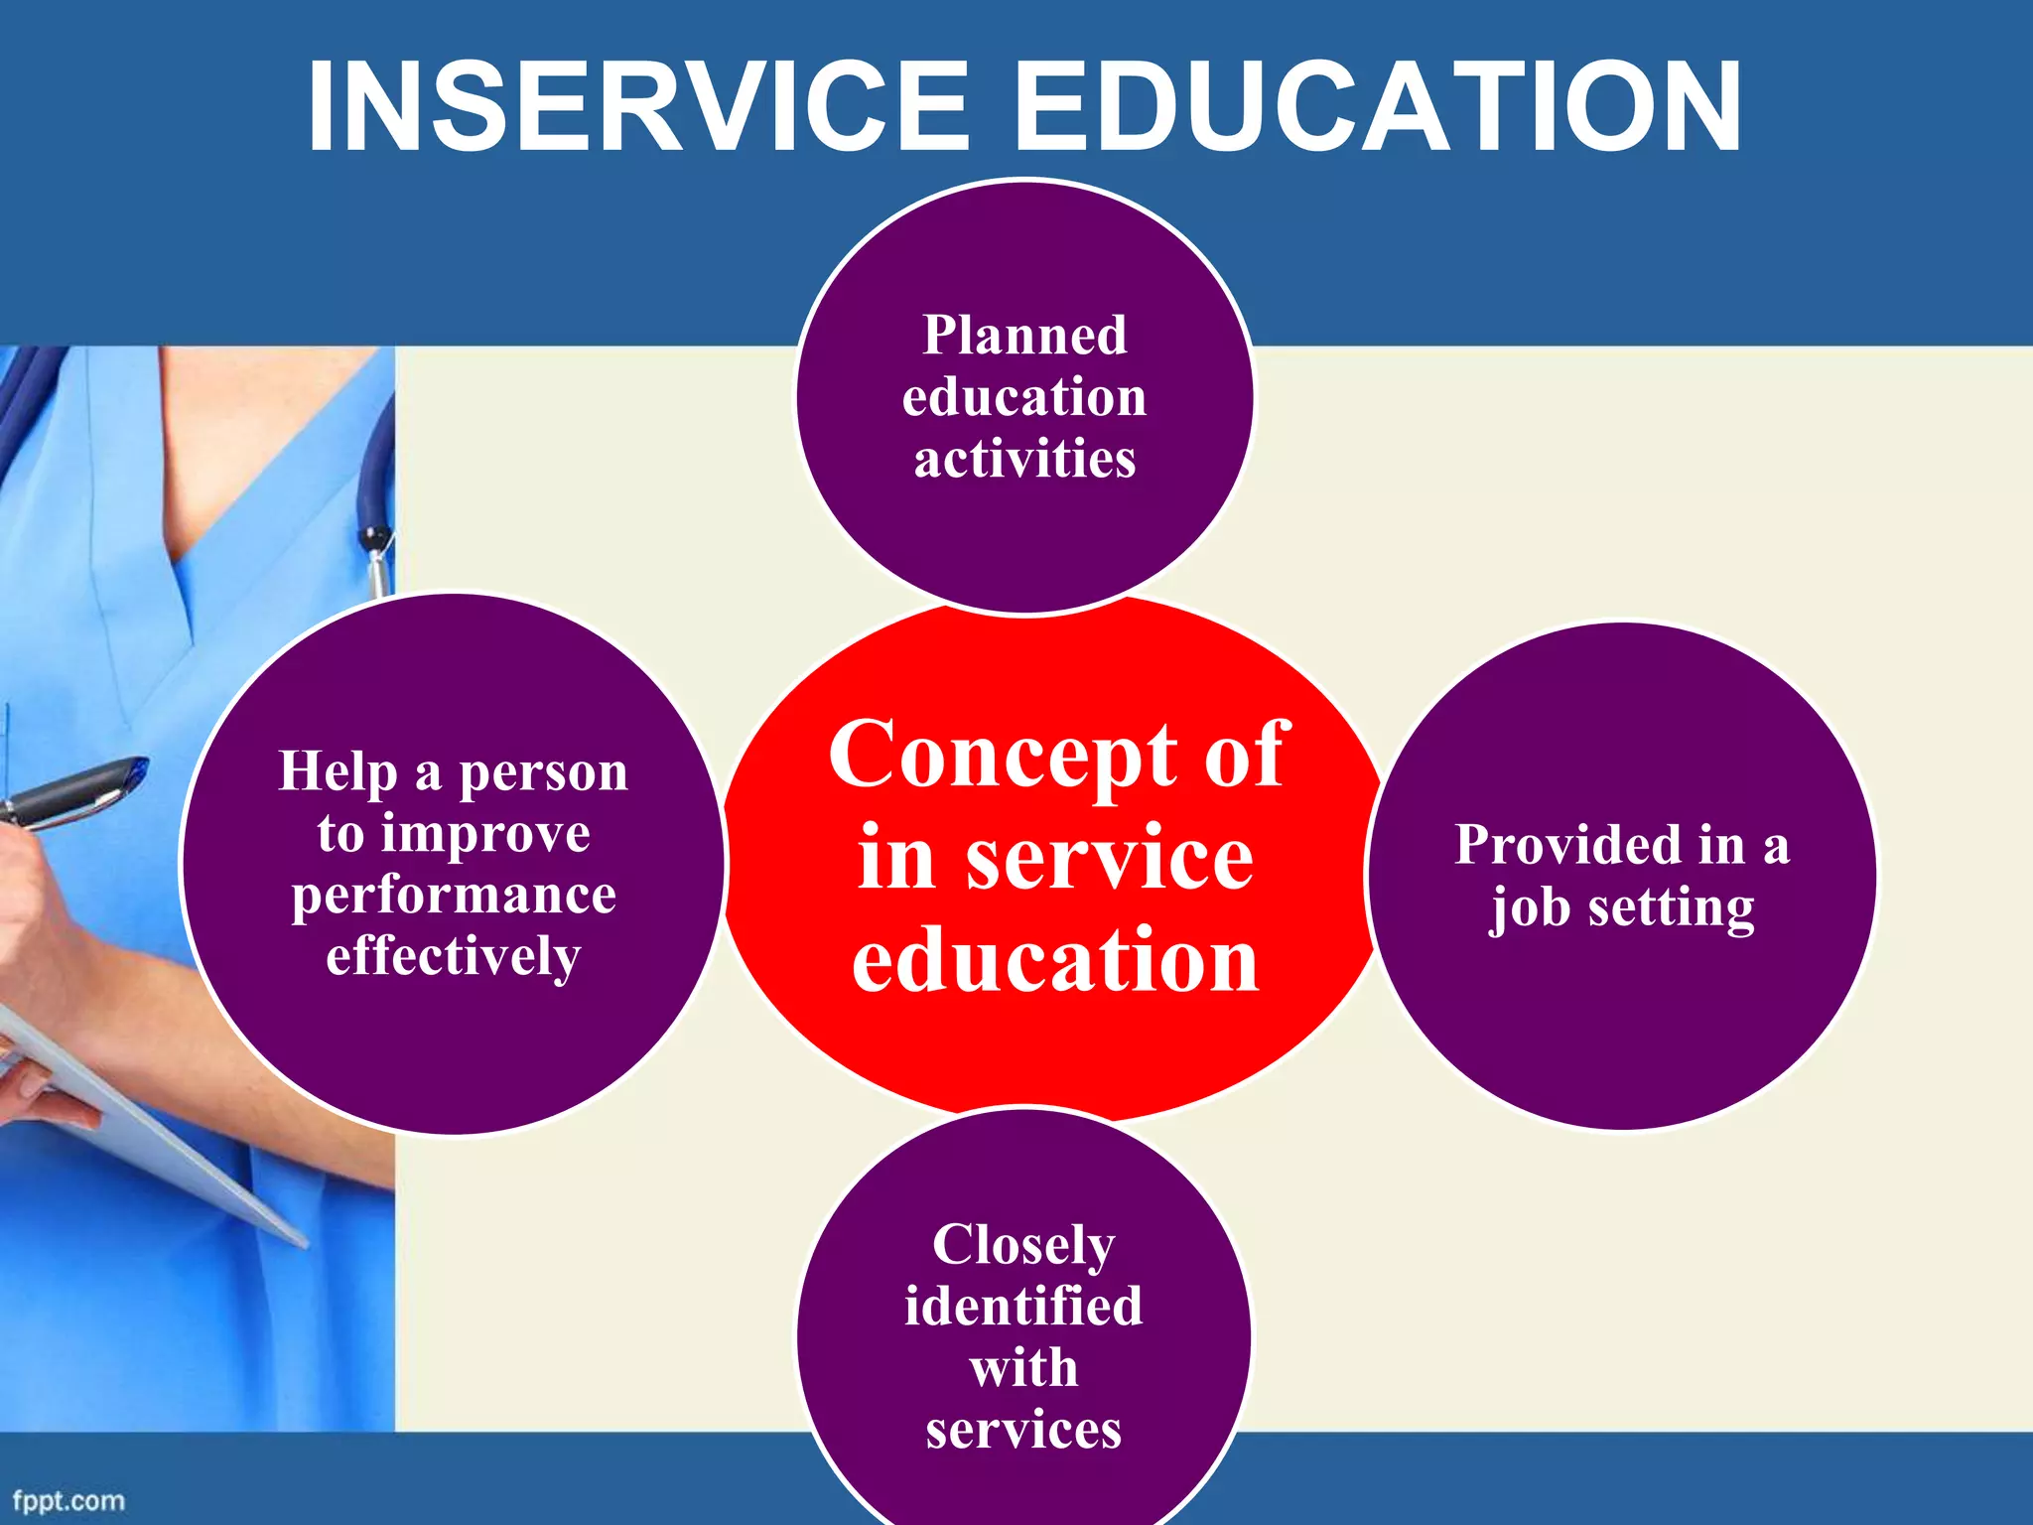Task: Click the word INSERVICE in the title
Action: pos(635,106)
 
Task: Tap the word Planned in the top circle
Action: pos(1024,336)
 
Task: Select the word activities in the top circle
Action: pos(1024,460)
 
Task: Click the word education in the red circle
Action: pos(1055,961)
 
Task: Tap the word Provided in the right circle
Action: pos(1568,846)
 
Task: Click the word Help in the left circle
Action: pos(338,772)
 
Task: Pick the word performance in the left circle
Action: pos(454,896)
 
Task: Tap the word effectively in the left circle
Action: pos(454,957)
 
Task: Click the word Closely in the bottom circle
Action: pos(1023,1246)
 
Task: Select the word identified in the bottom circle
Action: pos(1023,1307)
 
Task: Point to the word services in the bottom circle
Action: pos(1023,1431)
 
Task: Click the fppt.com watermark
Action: pos(68,1500)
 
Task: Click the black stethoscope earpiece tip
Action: pos(374,539)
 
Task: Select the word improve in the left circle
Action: pos(486,834)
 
